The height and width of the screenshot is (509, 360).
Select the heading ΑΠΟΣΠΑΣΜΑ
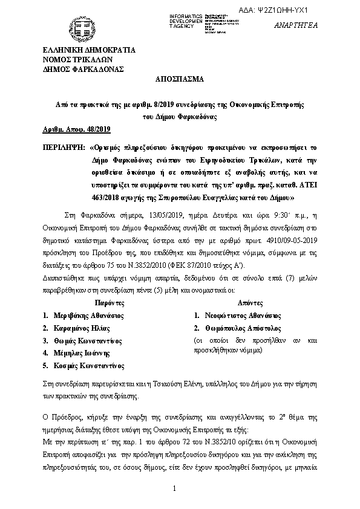(180, 80)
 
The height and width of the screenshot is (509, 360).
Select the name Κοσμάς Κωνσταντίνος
(88, 366)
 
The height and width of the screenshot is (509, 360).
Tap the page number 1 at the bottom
(174, 488)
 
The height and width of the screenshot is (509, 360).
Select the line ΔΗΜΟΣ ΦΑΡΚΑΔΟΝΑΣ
(83, 69)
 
